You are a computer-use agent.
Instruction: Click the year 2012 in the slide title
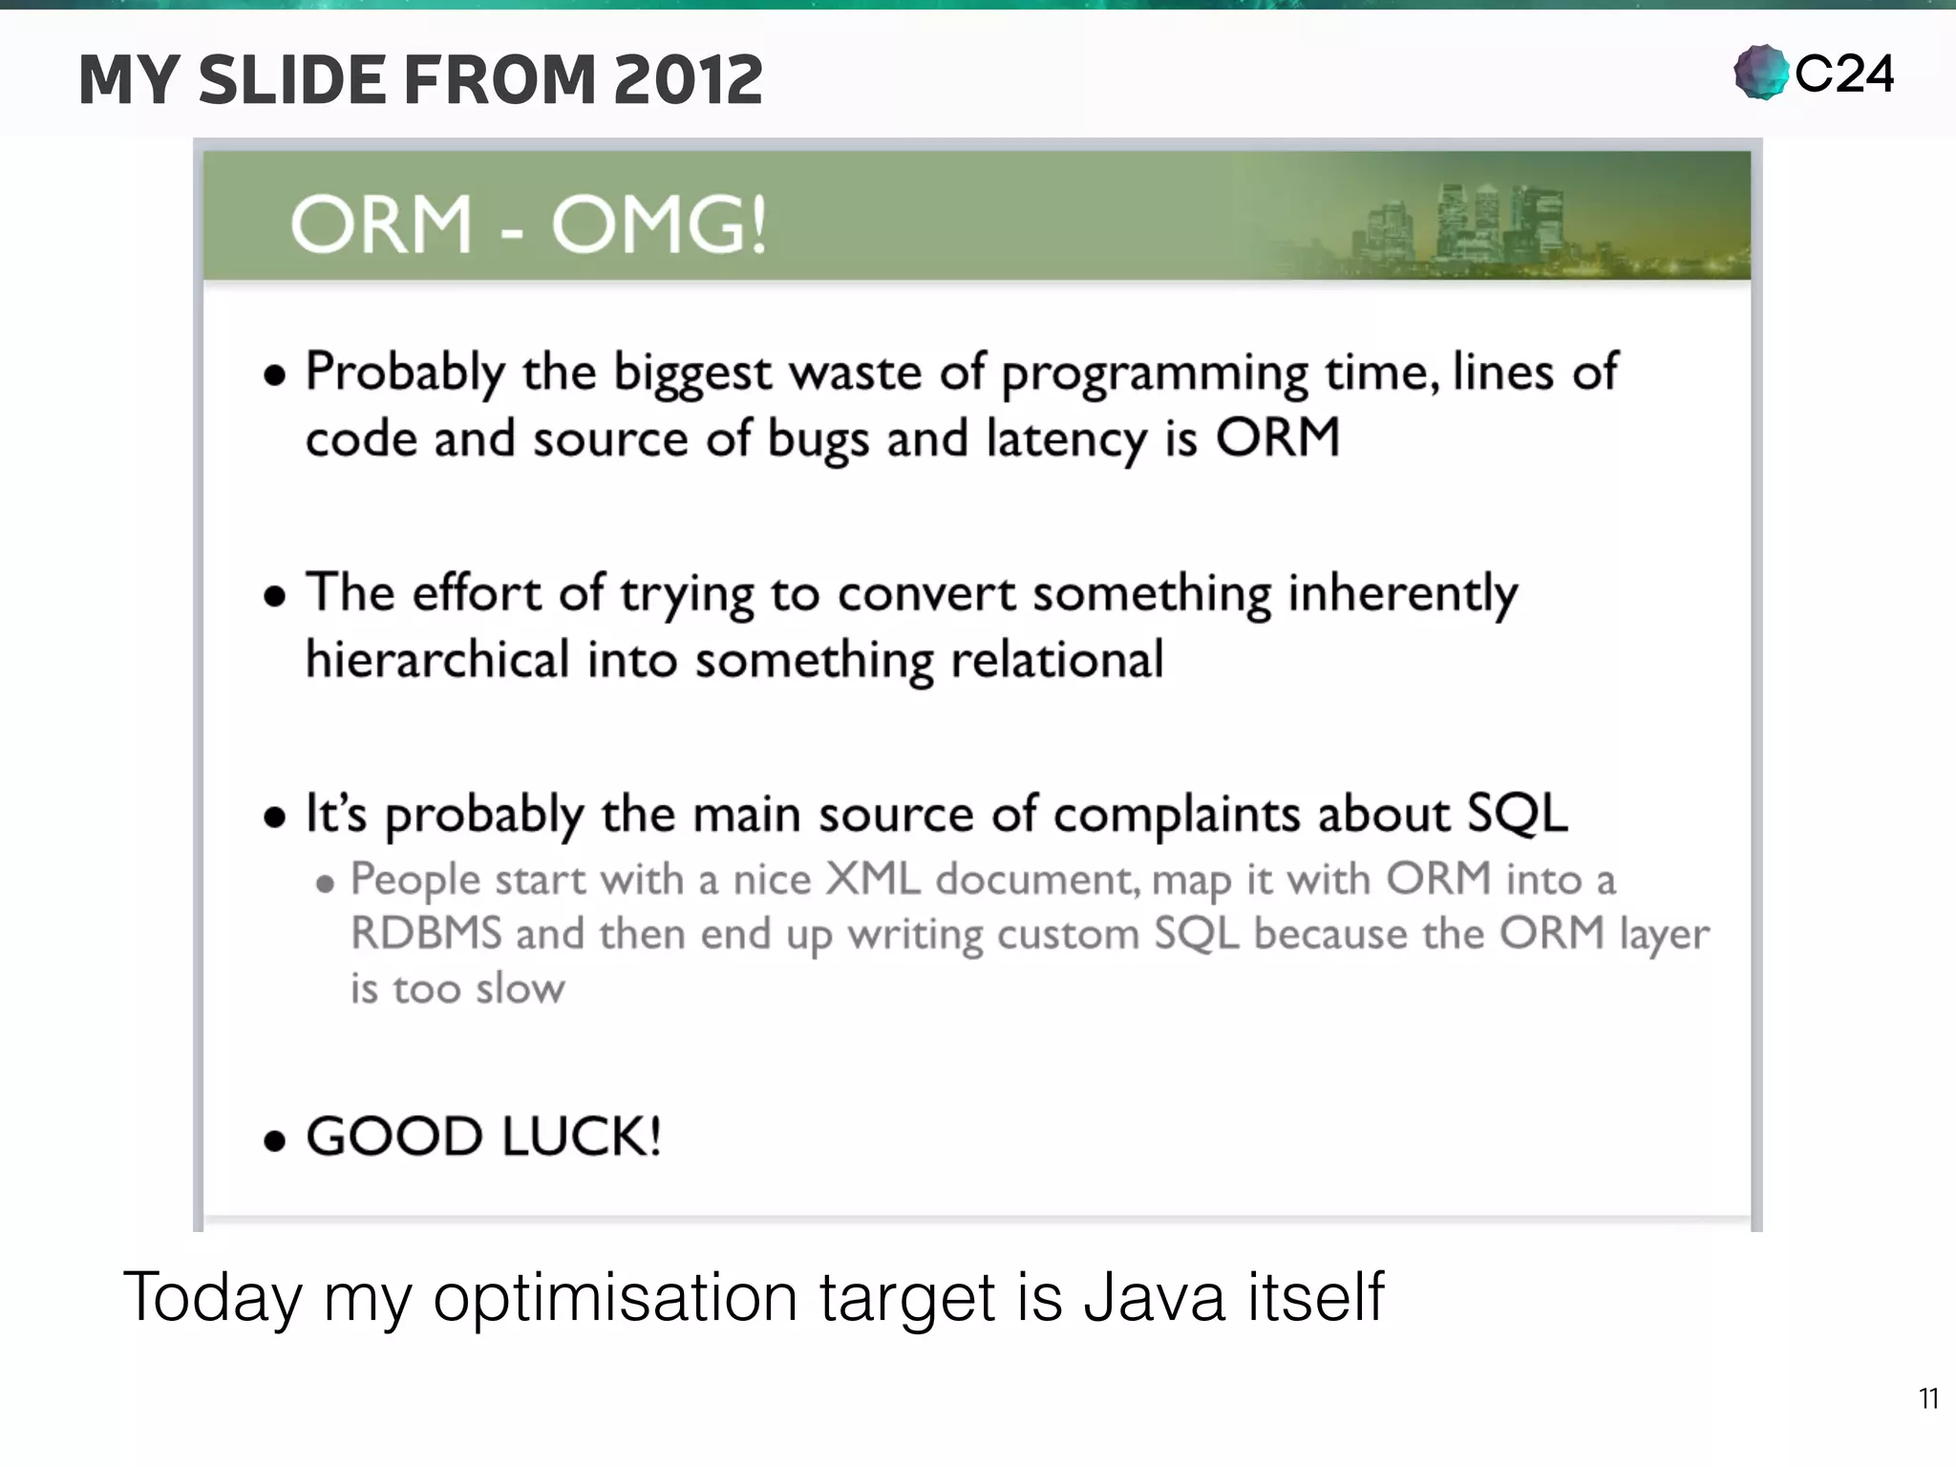tap(688, 80)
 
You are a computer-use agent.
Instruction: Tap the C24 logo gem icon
tap(1760, 73)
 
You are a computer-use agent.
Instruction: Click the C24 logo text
tap(1844, 74)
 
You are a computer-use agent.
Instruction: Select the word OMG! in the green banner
tap(659, 225)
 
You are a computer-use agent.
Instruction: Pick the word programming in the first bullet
tap(1155, 372)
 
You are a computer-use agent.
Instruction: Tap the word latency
tap(1066, 439)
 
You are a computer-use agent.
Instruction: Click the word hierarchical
tap(437, 659)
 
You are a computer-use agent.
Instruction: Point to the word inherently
tap(1402, 594)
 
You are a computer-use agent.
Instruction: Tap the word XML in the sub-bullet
tap(873, 879)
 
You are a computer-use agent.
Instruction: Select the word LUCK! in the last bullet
tap(581, 1137)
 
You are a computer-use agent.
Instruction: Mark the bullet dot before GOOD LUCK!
tap(275, 1140)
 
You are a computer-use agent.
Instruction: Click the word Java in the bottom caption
tap(1154, 1297)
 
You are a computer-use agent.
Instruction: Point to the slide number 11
tap(1928, 1399)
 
